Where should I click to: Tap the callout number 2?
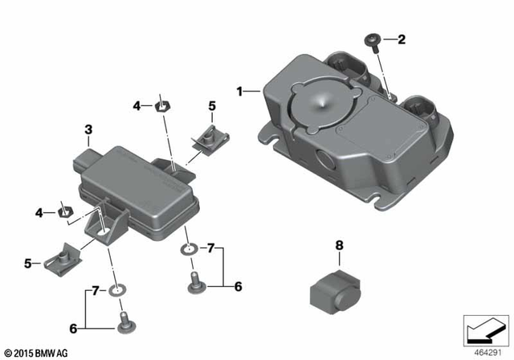402,39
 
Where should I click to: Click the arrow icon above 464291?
484,330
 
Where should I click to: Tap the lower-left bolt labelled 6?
124,320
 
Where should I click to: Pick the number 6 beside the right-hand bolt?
237,285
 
